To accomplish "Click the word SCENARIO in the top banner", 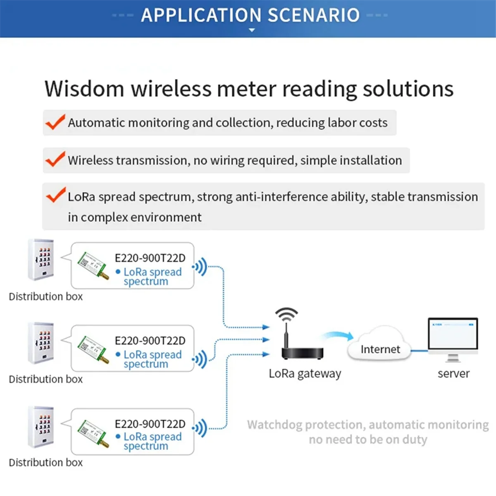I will pos(314,15).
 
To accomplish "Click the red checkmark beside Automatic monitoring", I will pos(55,122).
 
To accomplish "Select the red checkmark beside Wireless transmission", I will pos(55,159).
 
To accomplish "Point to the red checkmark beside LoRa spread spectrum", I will pos(56,195).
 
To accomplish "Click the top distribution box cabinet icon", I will pos(41,260).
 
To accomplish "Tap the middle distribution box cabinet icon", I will pos(41,343).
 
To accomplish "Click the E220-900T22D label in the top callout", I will pos(150,258).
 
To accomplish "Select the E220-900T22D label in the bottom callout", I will pos(150,424).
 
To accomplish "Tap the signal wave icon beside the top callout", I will pos(200,267).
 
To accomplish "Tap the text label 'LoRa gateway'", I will pos(305,374).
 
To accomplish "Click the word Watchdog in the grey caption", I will pos(274,425).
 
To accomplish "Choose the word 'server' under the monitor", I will pos(453,374).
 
